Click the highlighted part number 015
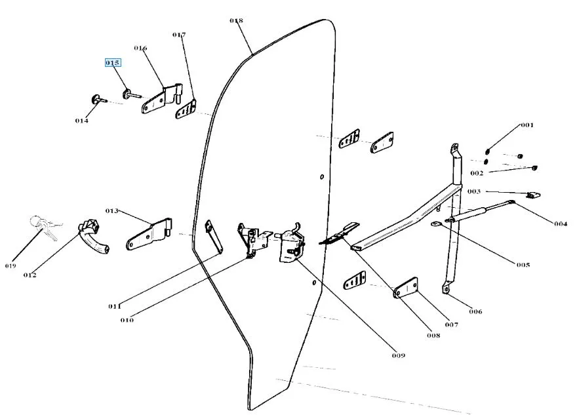tap(113, 63)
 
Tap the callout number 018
tap(236, 21)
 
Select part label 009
tap(399, 355)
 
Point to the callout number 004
tap(559, 224)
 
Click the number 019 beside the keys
tap(11, 266)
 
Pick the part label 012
tap(30, 275)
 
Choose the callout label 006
tap(475, 311)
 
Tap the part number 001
tap(527, 125)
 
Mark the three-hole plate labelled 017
tap(187, 109)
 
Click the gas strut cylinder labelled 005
tap(469, 214)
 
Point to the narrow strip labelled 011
tap(214, 236)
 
